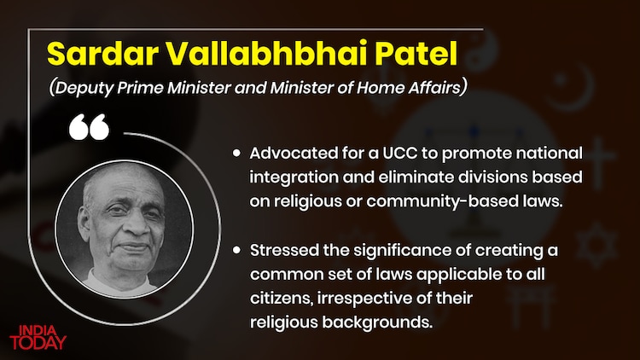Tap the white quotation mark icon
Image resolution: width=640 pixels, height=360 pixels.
(x=89, y=129)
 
